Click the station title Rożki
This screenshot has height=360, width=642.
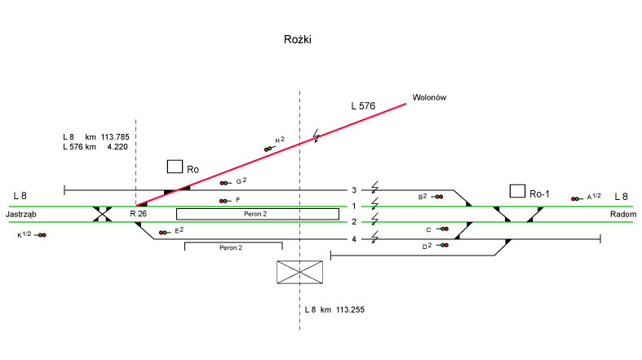[297, 39]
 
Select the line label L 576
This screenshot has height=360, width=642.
[363, 105]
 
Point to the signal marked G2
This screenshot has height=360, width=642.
[224, 183]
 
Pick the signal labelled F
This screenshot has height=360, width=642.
[224, 201]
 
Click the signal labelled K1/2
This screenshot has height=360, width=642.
[42, 235]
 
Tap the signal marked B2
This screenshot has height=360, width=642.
[437, 197]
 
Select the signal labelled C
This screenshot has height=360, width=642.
[445, 229]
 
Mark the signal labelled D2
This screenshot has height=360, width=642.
[444, 246]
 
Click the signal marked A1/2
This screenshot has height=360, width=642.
[576, 198]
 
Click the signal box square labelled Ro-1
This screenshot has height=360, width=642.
[517, 191]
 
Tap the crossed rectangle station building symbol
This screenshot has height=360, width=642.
[300, 273]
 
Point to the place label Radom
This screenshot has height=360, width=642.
[622, 214]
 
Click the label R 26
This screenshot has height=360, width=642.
[138, 214]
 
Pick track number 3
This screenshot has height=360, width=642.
[354, 190]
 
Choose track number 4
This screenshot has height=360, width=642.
[354, 239]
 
